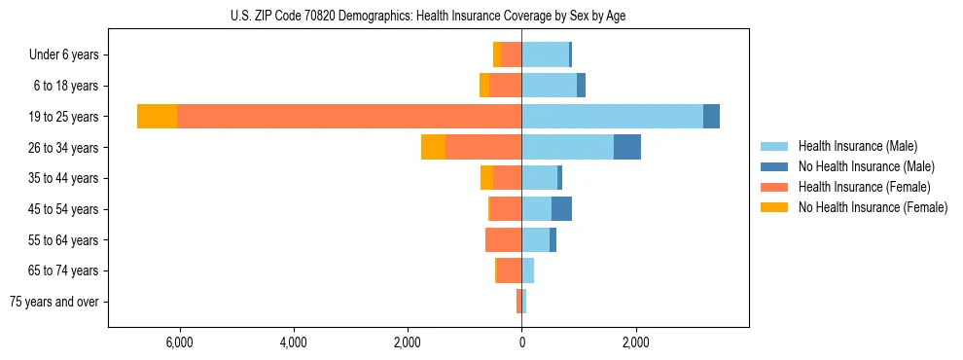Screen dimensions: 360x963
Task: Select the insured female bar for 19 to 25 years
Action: tap(349, 116)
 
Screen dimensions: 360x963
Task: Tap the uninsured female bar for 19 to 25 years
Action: tap(157, 116)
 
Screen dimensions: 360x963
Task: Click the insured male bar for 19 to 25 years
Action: tap(612, 116)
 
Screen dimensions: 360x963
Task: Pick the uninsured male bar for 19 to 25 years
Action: tap(711, 116)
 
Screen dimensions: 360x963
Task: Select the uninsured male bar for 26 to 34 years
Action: tap(627, 147)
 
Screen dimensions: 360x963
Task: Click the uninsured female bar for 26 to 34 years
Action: tap(433, 147)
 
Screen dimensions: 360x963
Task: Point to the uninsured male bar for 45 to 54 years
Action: tap(561, 208)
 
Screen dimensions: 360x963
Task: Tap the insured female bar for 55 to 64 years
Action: tap(503, 239)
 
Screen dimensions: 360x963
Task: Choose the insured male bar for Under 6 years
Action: tap(545, 54)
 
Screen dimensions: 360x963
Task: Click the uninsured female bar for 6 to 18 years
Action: tap(484, 86)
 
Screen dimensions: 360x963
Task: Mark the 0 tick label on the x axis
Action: tap(521, 342)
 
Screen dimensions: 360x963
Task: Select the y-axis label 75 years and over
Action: tap(54, 302)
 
